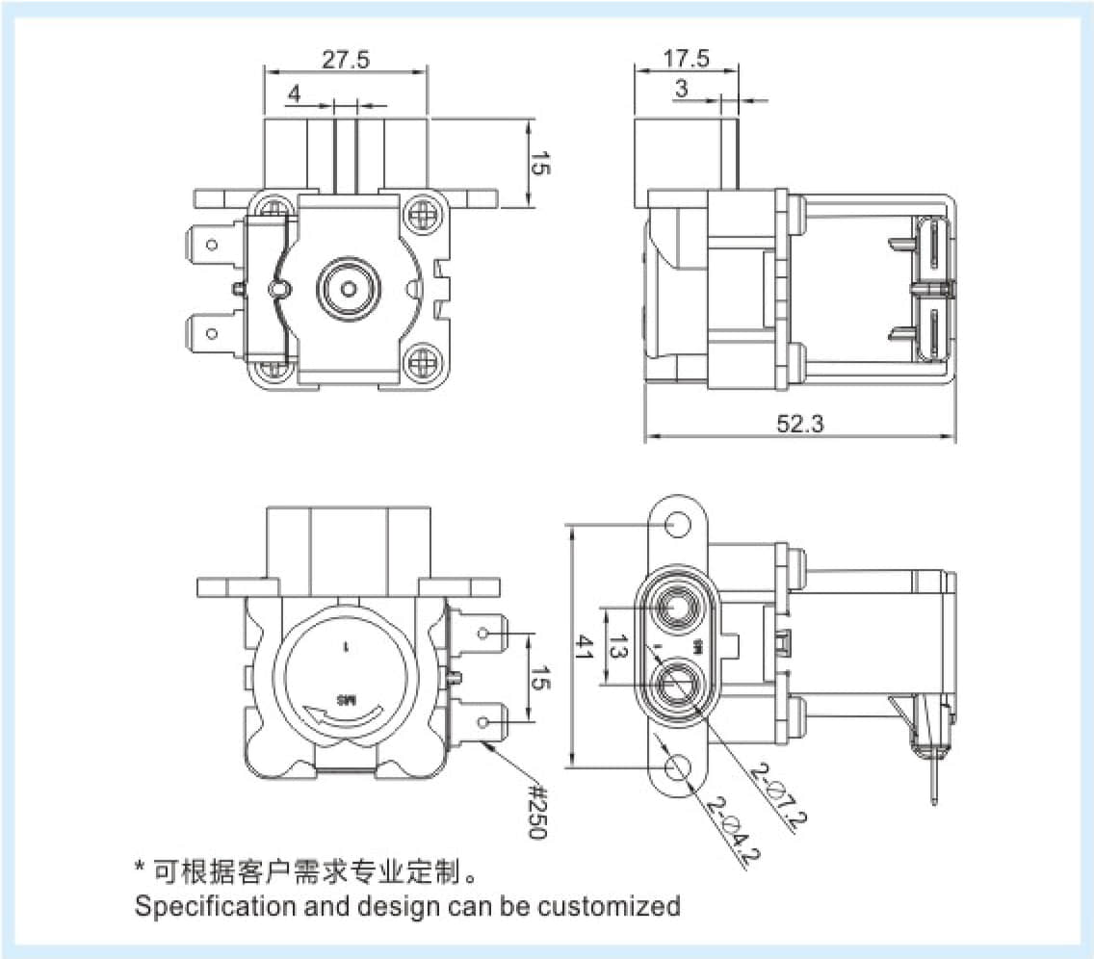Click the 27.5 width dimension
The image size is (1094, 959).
click(x=345, y=60)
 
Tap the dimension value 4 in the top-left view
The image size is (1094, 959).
click(x=295, y=93)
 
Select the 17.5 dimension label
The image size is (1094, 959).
click(x=685, y=59)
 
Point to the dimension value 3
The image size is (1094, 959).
click(x=682, y=90)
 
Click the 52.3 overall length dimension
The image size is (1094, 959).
click(x=800, y=423)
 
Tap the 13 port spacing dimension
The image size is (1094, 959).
click(x=617, y=647)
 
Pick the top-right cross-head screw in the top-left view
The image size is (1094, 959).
click(x=421, y=209)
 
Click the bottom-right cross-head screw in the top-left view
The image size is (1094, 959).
click(x=421, y=363)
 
